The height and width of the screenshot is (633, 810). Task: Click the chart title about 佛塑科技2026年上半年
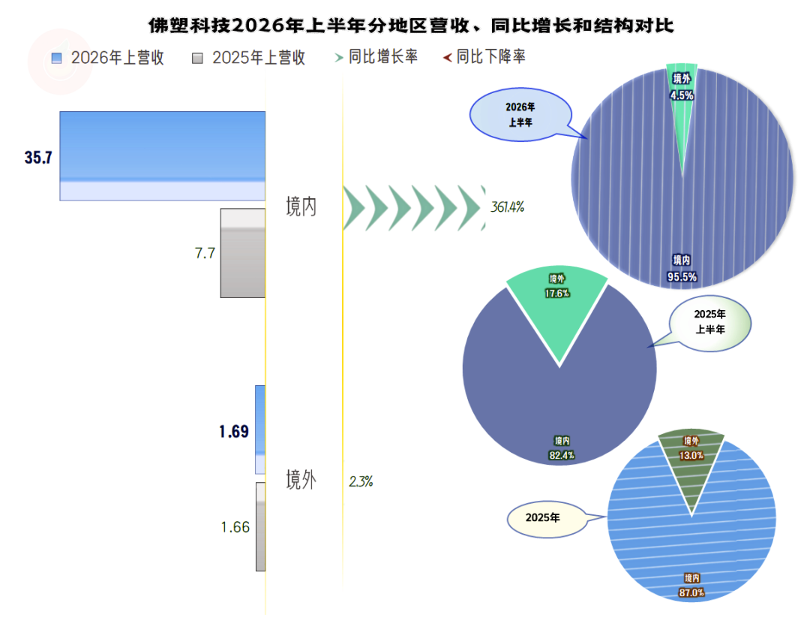click(x=411, y=26)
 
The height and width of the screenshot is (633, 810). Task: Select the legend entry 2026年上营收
click(x=108, y=57)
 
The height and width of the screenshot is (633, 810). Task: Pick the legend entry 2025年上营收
click(x=248, y=57)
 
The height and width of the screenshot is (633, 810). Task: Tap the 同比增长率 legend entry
click(x=376, y=56)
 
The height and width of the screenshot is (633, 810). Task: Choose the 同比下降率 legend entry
click(x=484, y=56)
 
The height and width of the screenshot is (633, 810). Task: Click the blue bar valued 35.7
click(x=163, y=155)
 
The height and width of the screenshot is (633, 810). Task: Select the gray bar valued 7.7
click(x=243, y=253)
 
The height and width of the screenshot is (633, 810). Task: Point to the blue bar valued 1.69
click(x=260, y=430)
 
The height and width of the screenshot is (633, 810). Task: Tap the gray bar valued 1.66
click(x=261, y=526)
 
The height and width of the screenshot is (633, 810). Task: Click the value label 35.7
click(x=38, y=157)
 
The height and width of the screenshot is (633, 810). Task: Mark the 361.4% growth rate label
click(x=507, y=206)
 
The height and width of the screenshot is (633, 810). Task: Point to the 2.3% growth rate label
click(x=361, y=481)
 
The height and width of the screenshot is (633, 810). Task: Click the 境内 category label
click(x=301, y=206)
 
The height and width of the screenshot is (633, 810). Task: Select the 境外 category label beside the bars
click(x=301, y=479)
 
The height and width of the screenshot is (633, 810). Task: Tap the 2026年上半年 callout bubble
click(x=520, y=115)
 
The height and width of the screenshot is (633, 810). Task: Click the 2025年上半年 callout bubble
click(x=709, y=324)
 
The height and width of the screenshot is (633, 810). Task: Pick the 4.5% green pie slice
click(x=682, y=104)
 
